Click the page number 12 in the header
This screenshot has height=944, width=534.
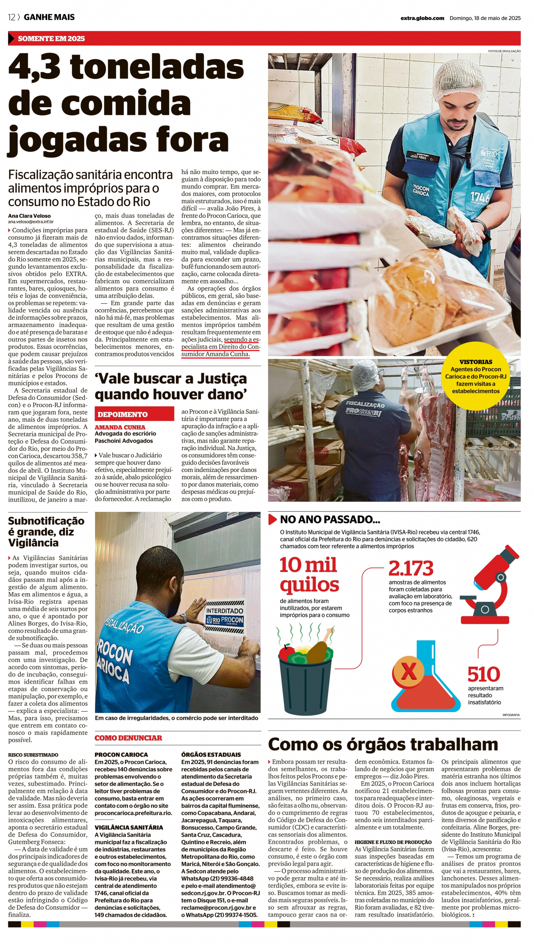click(11, 17)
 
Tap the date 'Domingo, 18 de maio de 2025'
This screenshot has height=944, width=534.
click(485, 18)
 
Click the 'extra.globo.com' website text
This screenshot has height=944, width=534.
click(422, 18)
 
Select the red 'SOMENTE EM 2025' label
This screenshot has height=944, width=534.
click(51, 38)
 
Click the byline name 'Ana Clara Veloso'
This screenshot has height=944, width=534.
click(29, 216)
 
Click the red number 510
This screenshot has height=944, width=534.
click(484, 674)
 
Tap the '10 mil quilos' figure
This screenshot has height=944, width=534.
click(309, 575)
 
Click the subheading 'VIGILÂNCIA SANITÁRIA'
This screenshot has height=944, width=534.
click(129, 827)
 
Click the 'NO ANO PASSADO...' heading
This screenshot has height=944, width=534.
click(330, 520)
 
